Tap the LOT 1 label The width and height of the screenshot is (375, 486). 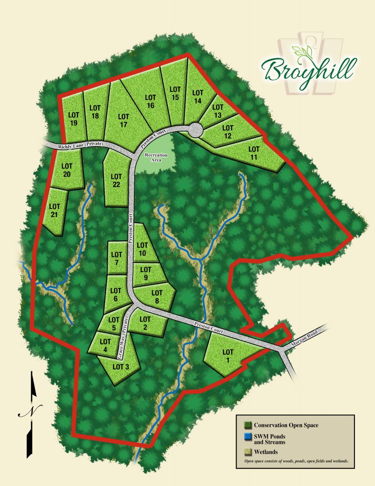[228, 356]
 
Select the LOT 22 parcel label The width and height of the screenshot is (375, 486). [117, 180]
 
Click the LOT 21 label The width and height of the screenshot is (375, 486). [55, 211]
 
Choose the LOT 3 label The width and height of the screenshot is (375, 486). [121, 367]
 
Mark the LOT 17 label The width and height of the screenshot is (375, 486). [124, 121]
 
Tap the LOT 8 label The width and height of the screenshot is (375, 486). [157, 296]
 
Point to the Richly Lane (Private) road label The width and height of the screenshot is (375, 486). [81, 144]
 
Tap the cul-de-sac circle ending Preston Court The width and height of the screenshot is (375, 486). [196, 130]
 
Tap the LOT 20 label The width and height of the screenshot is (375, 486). [67, 170]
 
